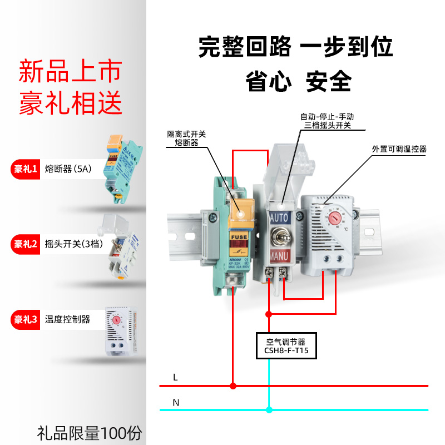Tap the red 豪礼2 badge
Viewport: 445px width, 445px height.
tap(26, 244)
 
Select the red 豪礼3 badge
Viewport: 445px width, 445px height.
tap(26, 319)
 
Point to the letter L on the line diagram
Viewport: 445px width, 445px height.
tap(175, 377)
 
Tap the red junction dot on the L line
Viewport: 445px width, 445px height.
tap(234, 385)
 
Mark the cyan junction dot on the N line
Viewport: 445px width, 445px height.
tap(269, 411)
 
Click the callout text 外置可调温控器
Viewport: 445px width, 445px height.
tap(399, 149)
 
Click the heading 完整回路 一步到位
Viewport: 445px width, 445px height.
tap(296, 47)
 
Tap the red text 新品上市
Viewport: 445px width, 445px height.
tap(70, 72)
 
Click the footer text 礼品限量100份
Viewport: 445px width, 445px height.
tap(90, 432)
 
